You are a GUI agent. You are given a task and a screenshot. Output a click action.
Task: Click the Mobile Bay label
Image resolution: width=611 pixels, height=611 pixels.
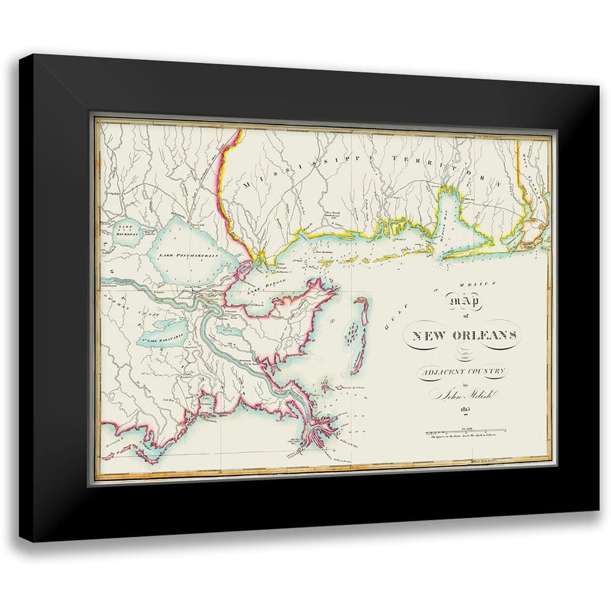pos(450,223)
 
